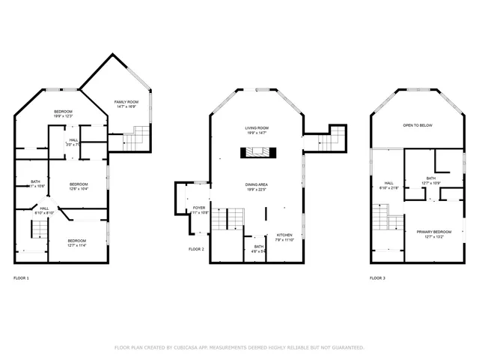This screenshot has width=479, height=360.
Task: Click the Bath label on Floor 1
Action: (36, 182)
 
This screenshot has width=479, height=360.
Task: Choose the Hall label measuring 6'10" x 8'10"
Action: (44, 210)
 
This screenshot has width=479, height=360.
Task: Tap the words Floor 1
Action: (22, 278)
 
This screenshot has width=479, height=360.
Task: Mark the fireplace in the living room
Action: (258, 153)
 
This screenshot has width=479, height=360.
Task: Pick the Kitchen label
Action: (284, 237)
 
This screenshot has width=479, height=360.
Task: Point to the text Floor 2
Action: (196, 249)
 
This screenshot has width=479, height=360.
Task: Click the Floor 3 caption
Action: (378, 278)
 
